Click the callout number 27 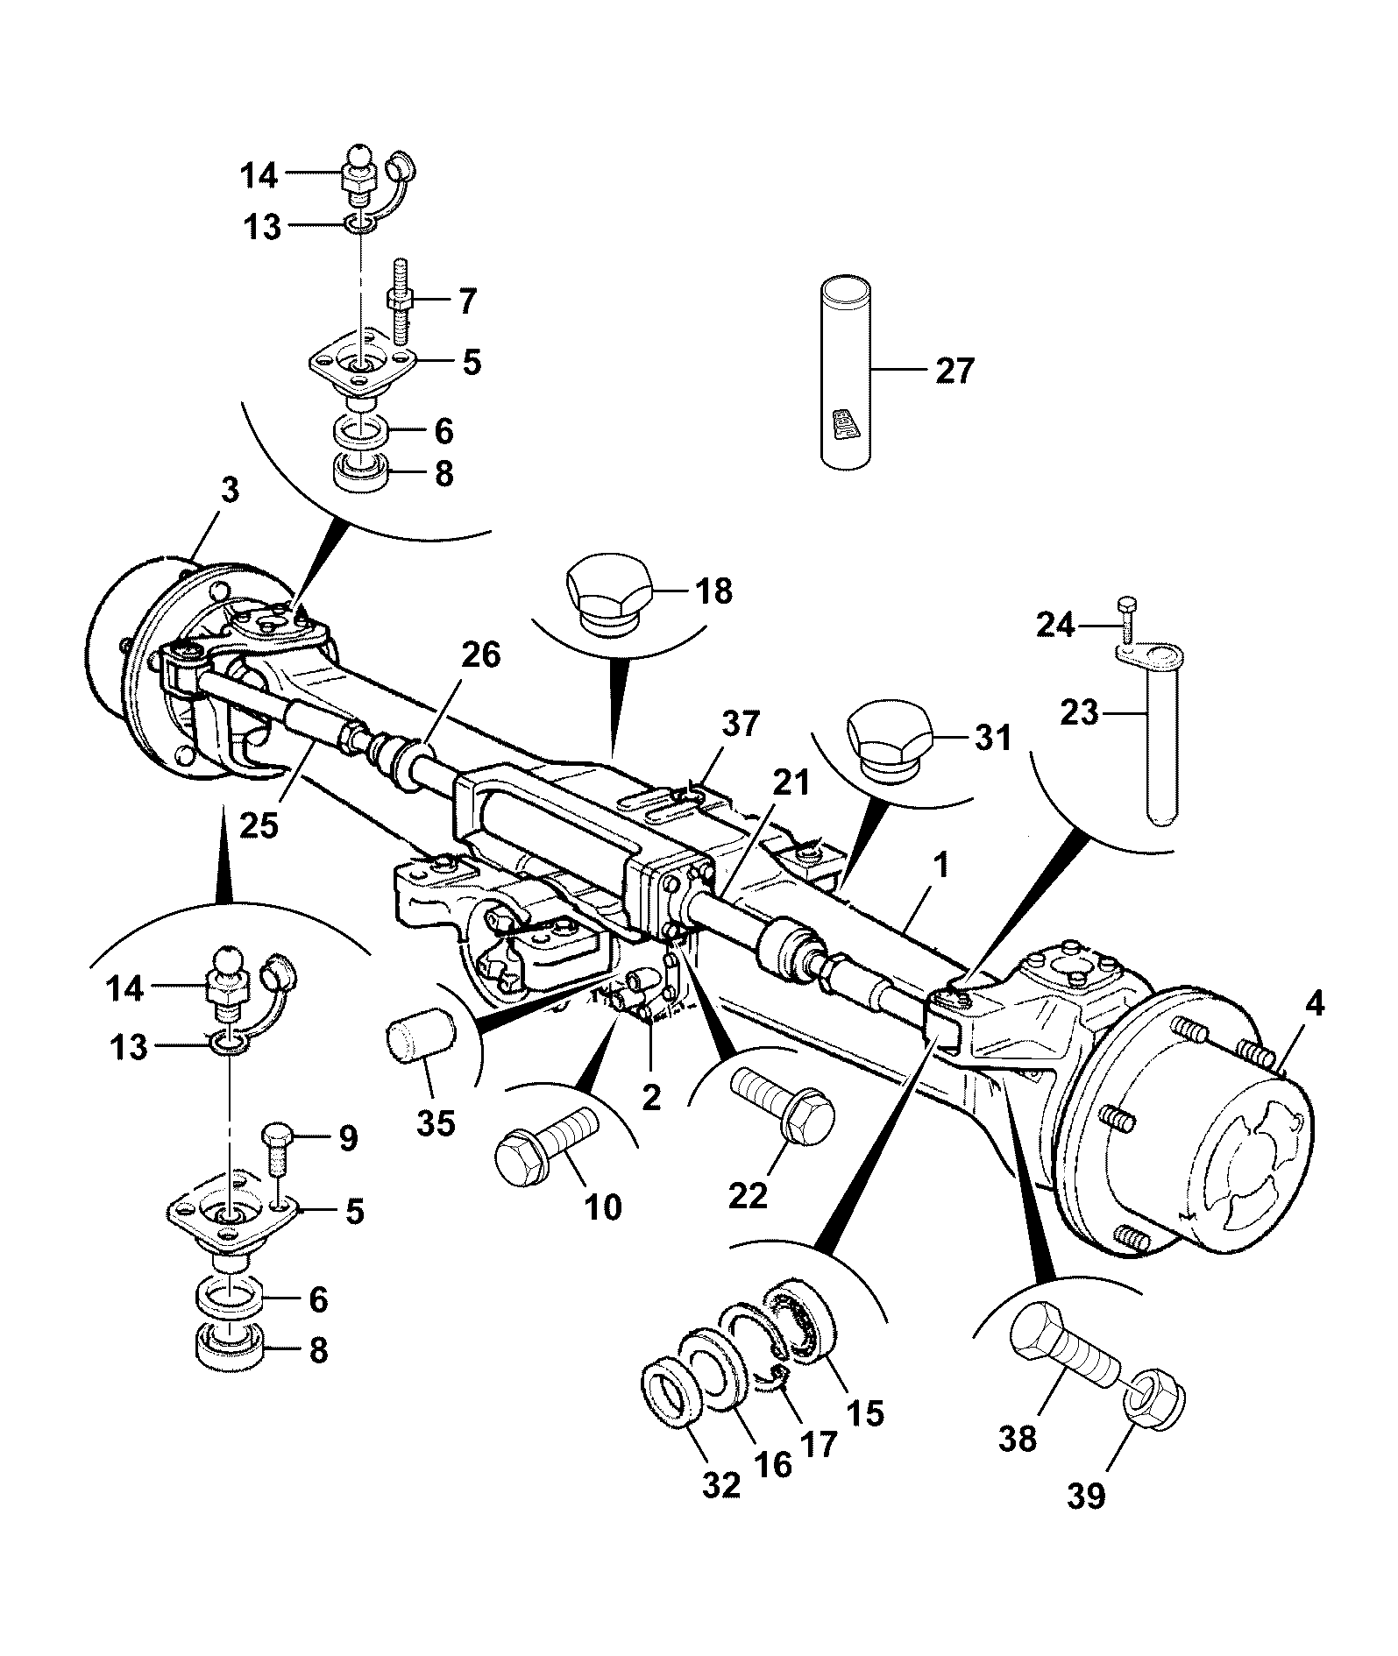[954, 371]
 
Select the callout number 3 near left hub [229, 491]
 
